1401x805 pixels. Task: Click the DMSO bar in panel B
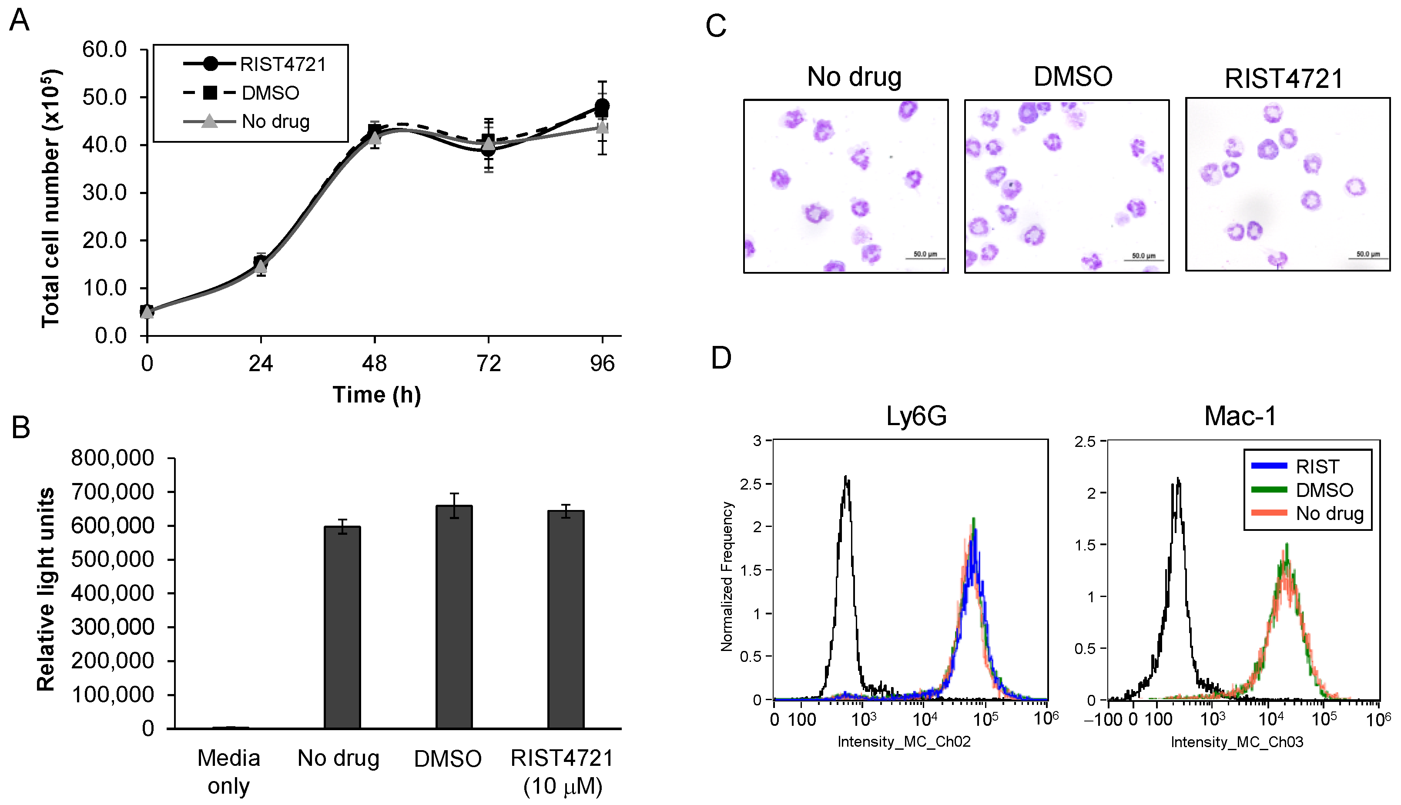click(454, 617)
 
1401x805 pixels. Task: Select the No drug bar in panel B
click(342, 627)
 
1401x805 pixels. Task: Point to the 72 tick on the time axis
click(489, 363)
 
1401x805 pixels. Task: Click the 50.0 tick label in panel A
click(104, 97)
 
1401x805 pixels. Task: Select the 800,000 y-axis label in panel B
click(113, 458)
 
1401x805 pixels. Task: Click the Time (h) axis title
click(376, 395)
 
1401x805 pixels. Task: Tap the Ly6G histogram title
click(916, 416)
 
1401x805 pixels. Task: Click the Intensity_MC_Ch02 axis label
click(904, 741)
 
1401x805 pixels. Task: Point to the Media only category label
click(228, 771)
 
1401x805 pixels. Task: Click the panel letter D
click(721, 358)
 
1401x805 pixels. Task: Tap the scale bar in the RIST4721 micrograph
click(1368, 258)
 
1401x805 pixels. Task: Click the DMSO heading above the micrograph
click(1072, 76)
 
